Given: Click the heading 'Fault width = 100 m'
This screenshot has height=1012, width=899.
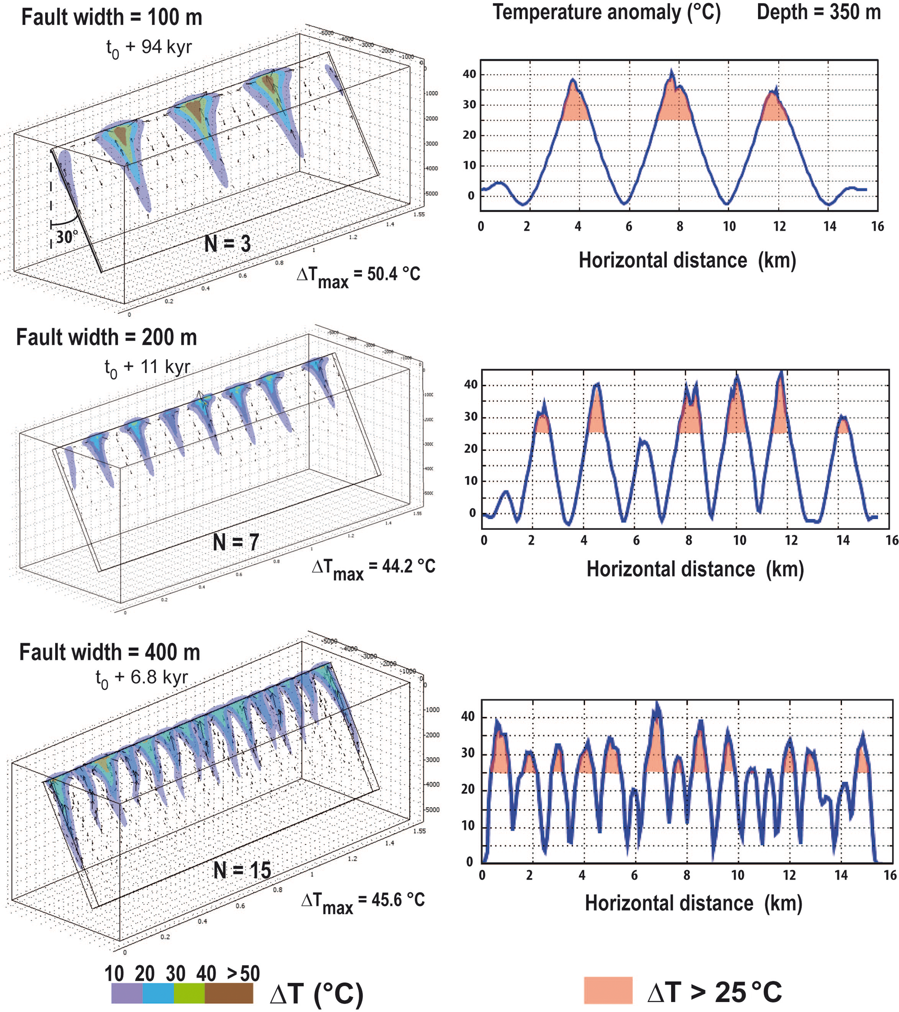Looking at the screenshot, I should (x=112, y=17).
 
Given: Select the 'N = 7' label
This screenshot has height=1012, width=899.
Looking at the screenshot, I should (x=235, y=542).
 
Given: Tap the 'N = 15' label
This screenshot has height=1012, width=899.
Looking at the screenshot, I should (x=242, y=870).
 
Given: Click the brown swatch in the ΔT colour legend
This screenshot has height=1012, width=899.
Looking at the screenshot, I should (x=229, y=993).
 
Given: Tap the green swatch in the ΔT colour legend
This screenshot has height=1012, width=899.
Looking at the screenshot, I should (x=189, y=993).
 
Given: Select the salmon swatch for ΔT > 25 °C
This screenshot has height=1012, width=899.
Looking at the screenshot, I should (x=608, y=990).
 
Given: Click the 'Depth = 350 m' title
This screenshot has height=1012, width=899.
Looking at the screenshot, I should (x=819, y=12).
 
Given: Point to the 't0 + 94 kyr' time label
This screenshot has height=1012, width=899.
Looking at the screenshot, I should (x=149, y=47).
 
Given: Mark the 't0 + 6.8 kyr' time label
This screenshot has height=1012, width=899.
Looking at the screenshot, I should (x=142, y=677).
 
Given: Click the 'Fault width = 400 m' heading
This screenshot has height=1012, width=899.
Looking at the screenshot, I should (x=109, y=652).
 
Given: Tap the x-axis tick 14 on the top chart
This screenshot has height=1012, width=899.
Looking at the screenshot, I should (x=830, y=227).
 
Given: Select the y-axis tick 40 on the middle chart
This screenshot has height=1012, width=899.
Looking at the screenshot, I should (x=471, y=385).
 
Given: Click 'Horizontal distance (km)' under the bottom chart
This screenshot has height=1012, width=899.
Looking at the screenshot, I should (x=693, y=903).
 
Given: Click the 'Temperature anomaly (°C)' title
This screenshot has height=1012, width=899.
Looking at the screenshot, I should (x=607, y=12).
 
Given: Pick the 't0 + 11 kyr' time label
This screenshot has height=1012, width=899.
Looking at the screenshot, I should (x=147, y=367).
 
